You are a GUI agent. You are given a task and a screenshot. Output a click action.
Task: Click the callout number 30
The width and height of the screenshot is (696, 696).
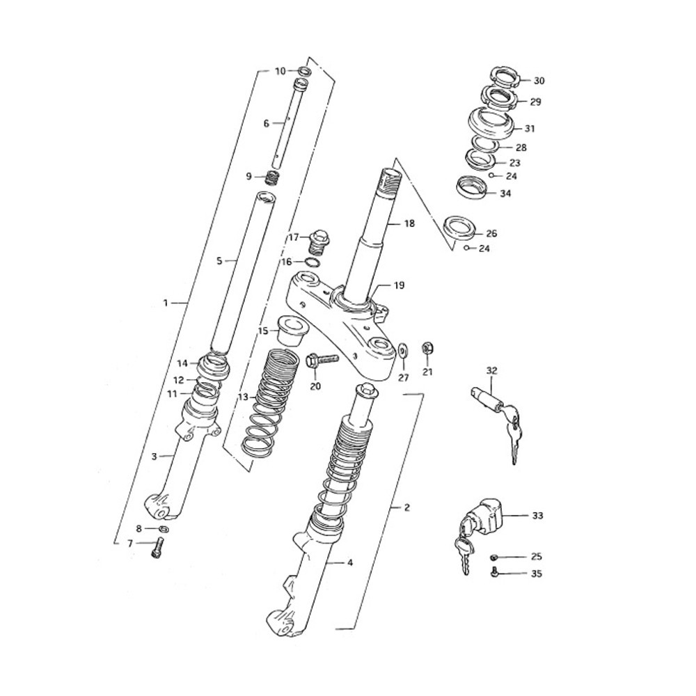[539, 81]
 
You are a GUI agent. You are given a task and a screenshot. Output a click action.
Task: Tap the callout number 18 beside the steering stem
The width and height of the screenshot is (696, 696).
[409, 223]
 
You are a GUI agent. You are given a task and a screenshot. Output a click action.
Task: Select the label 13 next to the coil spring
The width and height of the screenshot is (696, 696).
[244, 397]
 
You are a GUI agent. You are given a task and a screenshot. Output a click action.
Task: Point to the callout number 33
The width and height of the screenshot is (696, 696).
[537, 516]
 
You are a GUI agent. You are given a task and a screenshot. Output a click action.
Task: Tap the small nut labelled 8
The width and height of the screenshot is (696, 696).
[163, 528]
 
